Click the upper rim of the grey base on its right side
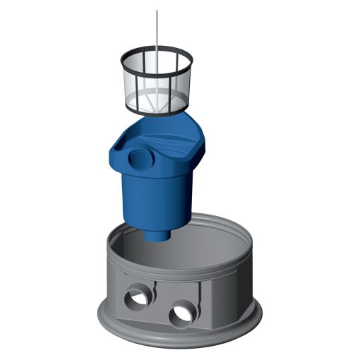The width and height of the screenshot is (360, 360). pos(244,233)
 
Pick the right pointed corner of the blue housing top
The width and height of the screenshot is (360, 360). pos(205,136)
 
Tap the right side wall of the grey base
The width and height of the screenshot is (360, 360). pos(233,282)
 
